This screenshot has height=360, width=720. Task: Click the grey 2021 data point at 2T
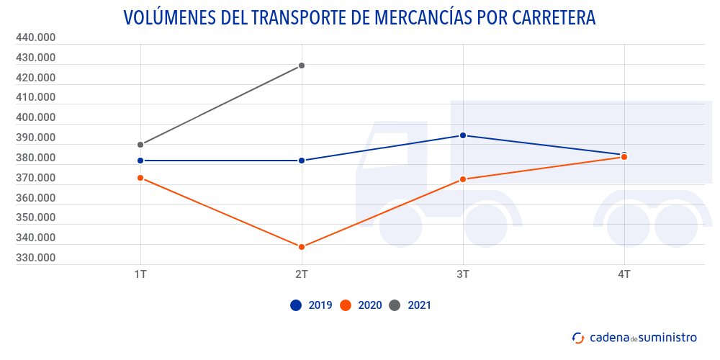[x=302, y=66]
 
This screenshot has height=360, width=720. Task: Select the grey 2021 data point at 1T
[x=140, y=145]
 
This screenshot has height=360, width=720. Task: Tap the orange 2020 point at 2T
[x=302, y=247]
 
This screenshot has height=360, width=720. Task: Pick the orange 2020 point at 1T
[x=140, y=178]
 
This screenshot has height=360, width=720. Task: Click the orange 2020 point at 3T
[x=463, y=179]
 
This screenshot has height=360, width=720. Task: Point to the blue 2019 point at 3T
[x=463, y=135]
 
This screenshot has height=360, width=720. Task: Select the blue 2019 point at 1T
[x=140, y=161]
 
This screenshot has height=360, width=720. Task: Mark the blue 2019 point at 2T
[x=302, y=161]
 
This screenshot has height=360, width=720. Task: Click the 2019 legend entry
[x=311, y=305]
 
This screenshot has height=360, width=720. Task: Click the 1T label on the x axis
[x=140, y=274]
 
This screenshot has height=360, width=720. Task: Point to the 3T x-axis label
[x=463, y=274]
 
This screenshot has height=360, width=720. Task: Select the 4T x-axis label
[x=624, y=274]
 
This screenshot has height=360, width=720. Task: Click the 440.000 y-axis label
[x=35, y=37]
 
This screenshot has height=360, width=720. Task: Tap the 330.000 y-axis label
[x=35, y=258]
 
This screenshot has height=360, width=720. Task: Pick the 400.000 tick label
[x=35, y=117]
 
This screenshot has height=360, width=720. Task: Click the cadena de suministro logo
[x=634, y=337]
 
